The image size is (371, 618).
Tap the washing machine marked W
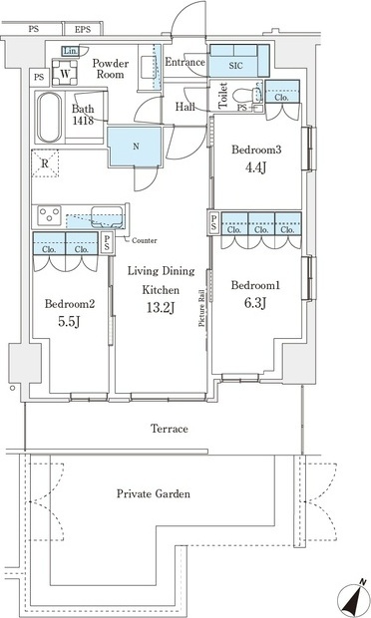pyautogui.click(x=65, y=72)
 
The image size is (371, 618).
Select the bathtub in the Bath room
pyautogui.click(x=49, y=117)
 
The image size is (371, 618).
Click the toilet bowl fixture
pyautogui.click(x=245, y=96)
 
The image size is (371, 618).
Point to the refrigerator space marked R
pyautogui.click(x=45, y=163)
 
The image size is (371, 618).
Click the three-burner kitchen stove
pyautogui.click(x=49, y=215)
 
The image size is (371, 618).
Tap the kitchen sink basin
pyautogui.click(x=107, y=216)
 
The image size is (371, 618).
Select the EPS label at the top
pyautogui.click(x=83, y=29)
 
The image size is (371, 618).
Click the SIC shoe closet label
pyautogui.click(x=236, y=66)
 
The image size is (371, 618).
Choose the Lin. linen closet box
pyautogui.click(x=71, y=51)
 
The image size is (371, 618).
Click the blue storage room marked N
pyautogui.click(x=135, y=147)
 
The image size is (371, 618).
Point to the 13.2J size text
pyautogui.click(x=161, y=308)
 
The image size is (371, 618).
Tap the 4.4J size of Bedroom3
pyautogui.click(x=255, y=167)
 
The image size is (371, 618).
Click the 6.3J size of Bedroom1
pyautogui.click(x=255, y=303)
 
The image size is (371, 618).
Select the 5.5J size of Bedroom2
pyautogui.click(x=70, y=322)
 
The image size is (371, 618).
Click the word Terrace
pyautogui.click(x=170, y=429)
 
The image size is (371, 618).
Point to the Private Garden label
pyautogui.click(x=154, y=493)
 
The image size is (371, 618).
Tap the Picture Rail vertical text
pyautogui.click(x=201, y=308)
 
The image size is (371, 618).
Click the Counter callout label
pyautogui.click(x=145, y=240)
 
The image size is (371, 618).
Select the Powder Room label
pyautogui.click(x=110, y=69)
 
